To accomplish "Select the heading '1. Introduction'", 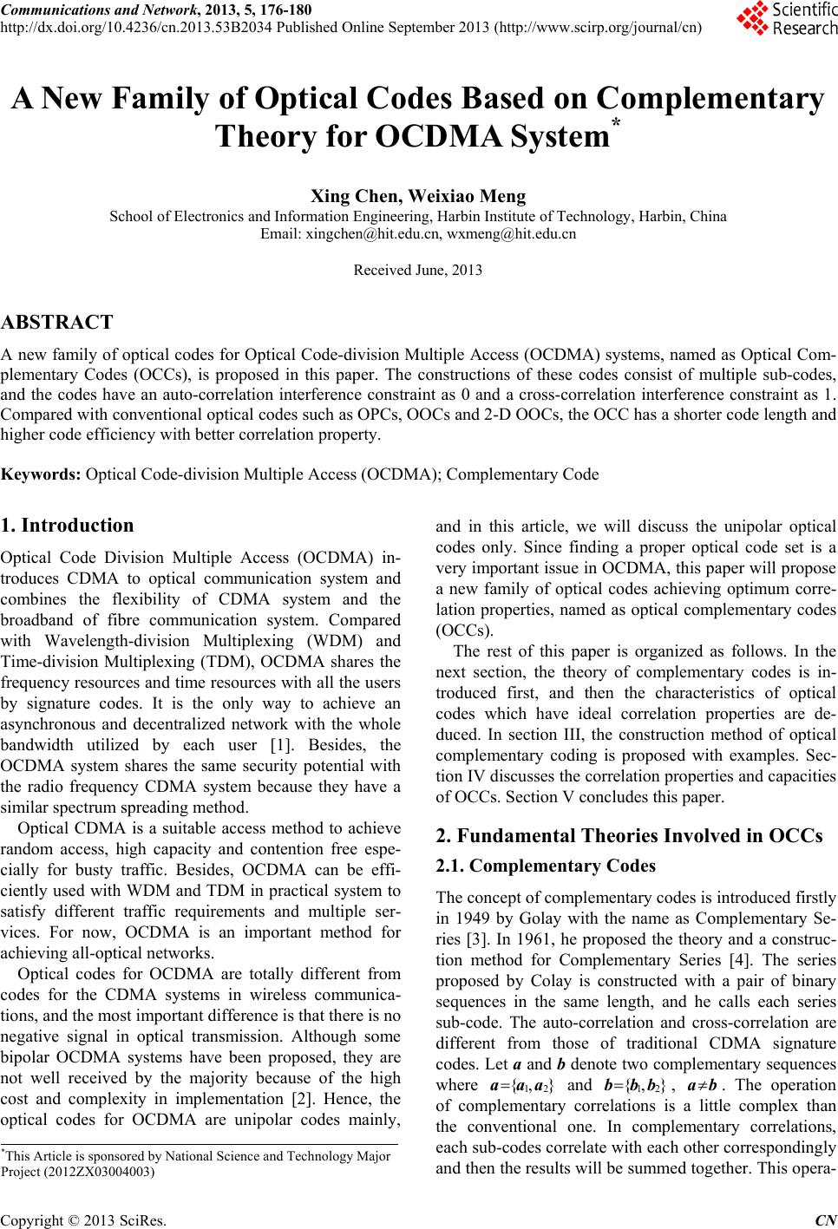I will point(68,526).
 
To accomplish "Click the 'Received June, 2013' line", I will point(418,270).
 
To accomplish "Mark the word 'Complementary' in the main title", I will point(710,101).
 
